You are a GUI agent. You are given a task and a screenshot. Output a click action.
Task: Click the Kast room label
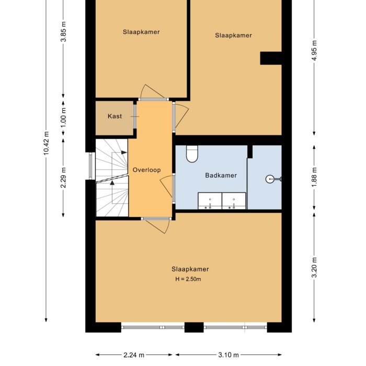pos(115,116)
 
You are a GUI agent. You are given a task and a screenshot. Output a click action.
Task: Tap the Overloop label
pos(146,170)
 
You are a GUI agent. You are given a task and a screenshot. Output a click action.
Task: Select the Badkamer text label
pos(221,175)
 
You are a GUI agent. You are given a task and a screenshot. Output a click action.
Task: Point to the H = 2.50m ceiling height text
pos(188,279)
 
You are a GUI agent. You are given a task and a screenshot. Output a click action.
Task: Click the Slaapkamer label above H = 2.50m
pos(190,269)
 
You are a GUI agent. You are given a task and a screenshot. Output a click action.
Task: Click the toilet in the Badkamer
pos(192,153)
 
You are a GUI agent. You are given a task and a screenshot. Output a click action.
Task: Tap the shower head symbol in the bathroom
pos(271,179)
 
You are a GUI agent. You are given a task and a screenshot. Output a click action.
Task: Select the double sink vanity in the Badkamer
pos(222,201)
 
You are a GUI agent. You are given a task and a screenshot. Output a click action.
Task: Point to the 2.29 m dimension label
pos(64,177)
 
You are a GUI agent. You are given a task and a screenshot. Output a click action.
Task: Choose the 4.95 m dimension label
pos(314,50)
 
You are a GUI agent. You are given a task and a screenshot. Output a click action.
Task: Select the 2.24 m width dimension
pos(134,356)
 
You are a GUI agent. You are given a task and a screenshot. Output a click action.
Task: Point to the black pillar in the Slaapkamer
pos(271,58)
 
